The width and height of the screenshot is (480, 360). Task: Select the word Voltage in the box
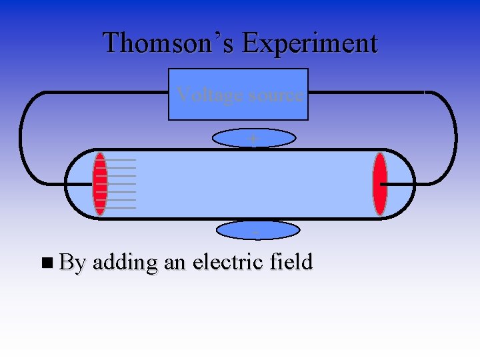pos(206,95)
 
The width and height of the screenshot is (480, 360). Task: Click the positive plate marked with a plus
pos(253,138)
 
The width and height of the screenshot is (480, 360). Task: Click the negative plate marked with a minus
pos(259,231)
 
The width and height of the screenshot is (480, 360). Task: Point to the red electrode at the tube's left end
pos(100,184)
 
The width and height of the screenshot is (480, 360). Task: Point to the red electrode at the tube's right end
pos(380,184)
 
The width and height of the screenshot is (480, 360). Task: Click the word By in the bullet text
pos(73,263)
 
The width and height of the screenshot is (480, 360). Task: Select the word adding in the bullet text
pos(125,263)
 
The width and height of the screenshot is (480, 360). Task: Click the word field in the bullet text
pos(291,262)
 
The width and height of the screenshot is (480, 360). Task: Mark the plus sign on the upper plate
pos(253,138)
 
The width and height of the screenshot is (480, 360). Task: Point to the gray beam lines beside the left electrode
pos(122,184)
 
